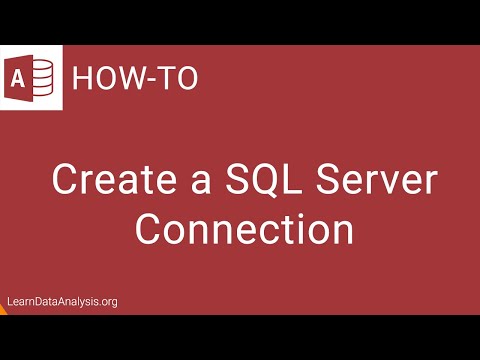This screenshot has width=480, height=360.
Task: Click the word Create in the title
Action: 107,182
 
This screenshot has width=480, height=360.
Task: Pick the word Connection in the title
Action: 244,229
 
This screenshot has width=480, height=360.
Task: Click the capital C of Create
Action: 65,182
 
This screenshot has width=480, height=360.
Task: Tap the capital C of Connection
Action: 149,229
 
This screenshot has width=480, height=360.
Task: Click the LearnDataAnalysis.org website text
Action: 61,302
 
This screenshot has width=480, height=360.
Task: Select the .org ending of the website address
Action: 106,302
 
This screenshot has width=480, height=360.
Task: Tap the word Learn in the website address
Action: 18,302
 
